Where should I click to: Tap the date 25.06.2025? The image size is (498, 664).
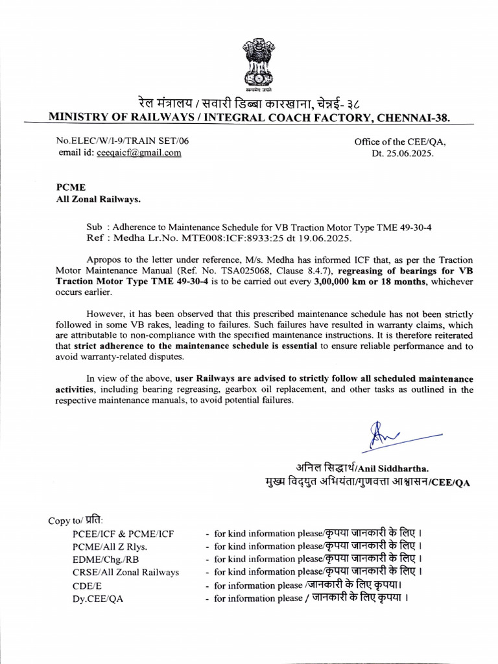[x=412, y=154]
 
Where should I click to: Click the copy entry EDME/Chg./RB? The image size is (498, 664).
[x=106, y=559]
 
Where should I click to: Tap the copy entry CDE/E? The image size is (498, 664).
[x=86, y=585]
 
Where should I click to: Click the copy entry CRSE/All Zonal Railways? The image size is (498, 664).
[x=126, y=572]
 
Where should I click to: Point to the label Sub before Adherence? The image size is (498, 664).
[x=95, y=228]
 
